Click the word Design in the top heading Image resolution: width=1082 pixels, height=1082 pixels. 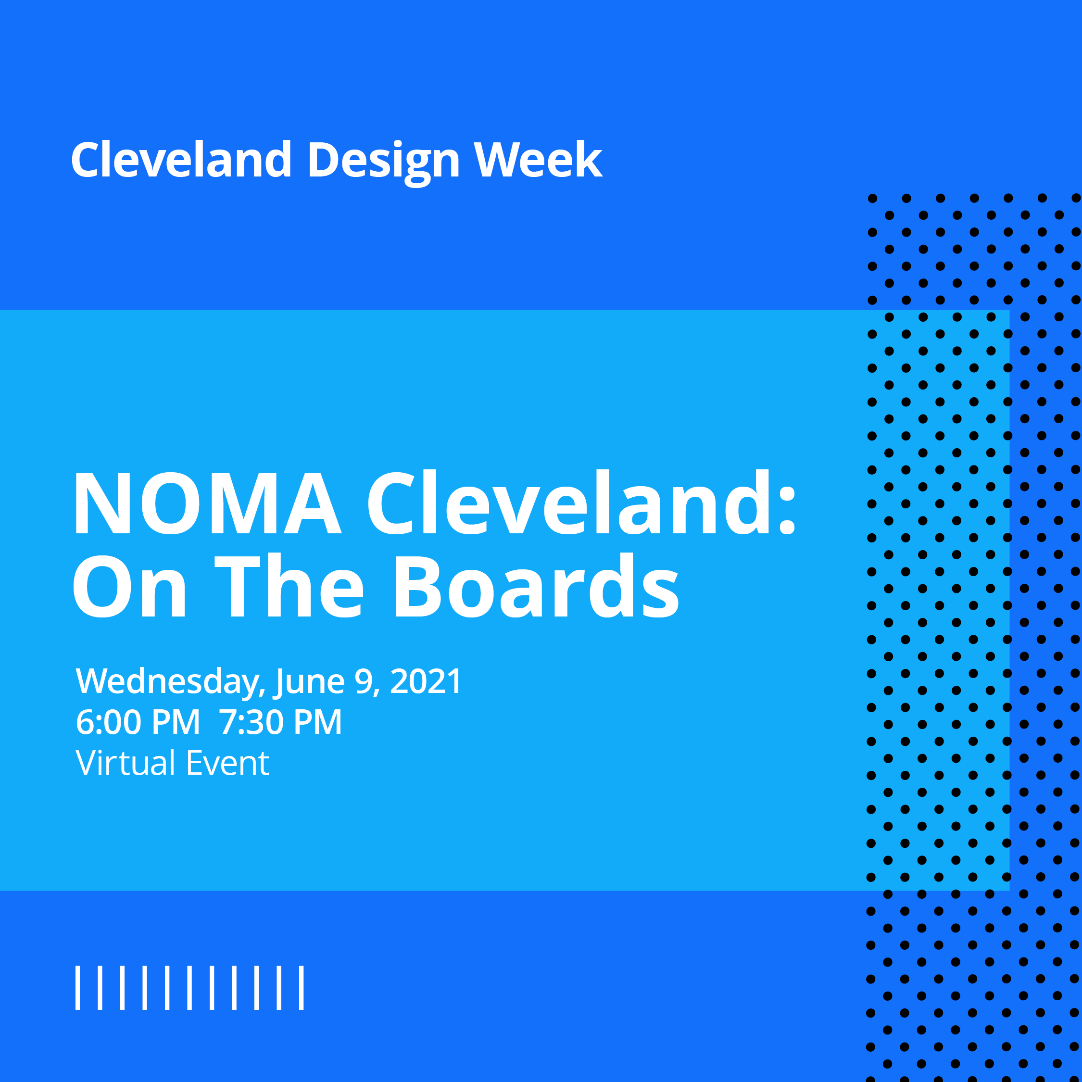tap(383, 161)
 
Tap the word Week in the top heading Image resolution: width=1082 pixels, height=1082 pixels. tap(538, 161)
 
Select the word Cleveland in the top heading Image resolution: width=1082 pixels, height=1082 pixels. tap(181, 161)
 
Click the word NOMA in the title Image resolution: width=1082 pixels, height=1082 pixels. tap(207, 503)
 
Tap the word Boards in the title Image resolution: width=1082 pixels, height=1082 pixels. tap(537, 588)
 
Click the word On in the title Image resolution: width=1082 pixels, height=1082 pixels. tap(129, 588)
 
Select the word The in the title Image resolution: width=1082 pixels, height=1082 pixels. tap(289, 588)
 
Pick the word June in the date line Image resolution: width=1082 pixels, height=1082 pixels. tap(309, 682)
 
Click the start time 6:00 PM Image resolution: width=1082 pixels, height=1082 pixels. tap(138, 722)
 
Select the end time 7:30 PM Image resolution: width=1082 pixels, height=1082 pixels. tap(280, 722)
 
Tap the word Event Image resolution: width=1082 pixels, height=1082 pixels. tap(227, 763)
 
